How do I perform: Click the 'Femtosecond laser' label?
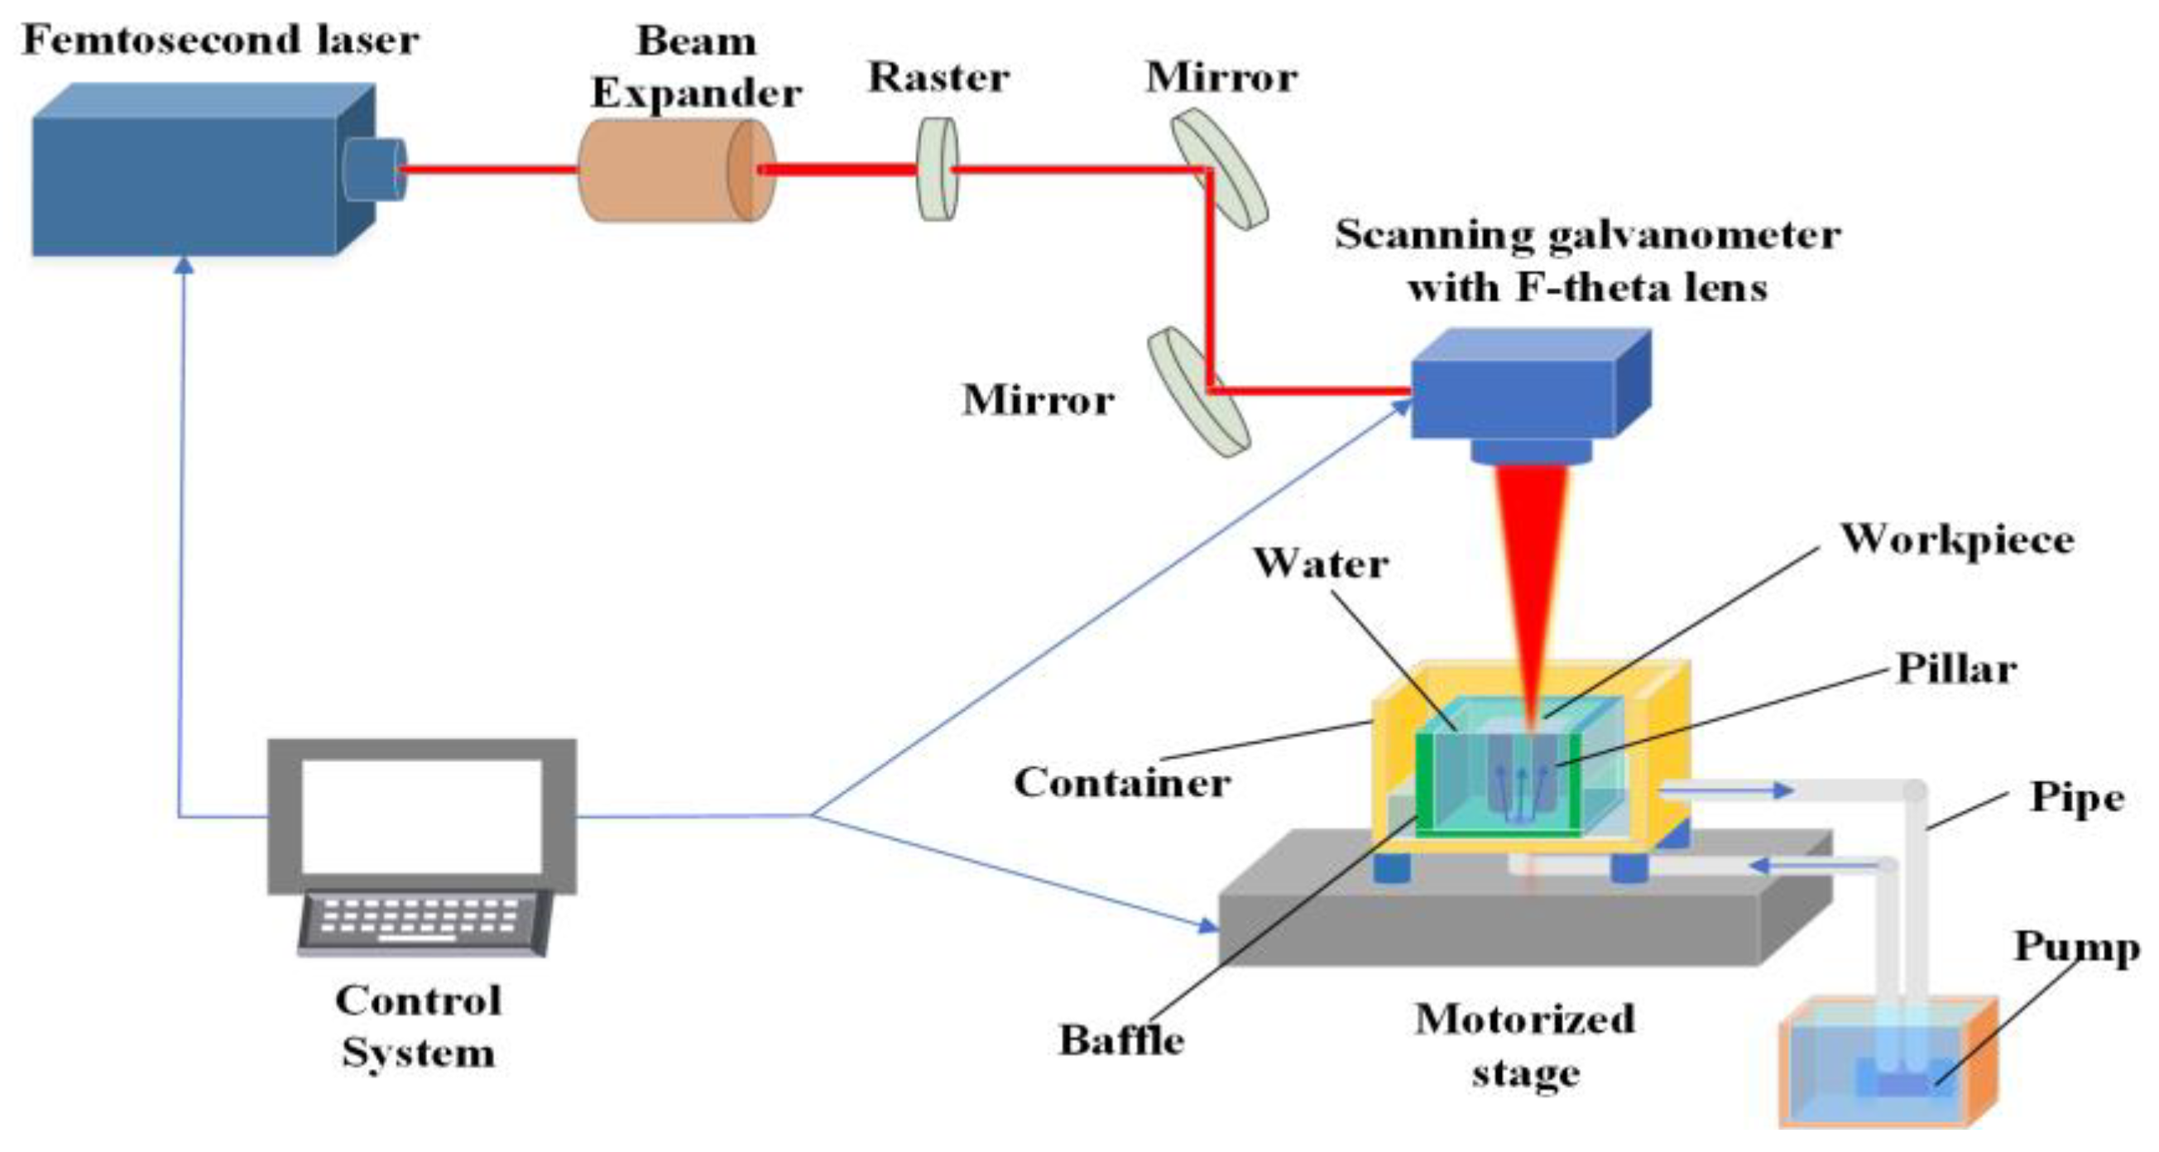[219, 41]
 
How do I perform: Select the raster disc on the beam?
[937, 170]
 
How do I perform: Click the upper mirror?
[1220, 168]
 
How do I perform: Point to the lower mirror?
[1198, 391]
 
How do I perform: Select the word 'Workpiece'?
[1957, 539]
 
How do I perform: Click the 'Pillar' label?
[1956, 669]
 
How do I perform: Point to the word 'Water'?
[1320, 563]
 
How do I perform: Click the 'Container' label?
[1121, 782]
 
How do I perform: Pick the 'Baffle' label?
[1121, 1040]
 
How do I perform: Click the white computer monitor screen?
[421, 816]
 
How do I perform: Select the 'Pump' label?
[2076, 948]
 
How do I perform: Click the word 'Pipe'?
[2077, 797]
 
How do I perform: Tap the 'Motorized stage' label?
[1524, 1044]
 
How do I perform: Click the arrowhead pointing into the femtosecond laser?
[185, 266]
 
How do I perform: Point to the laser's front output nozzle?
[375, 169]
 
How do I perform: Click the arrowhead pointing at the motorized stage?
[1207, 925]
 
